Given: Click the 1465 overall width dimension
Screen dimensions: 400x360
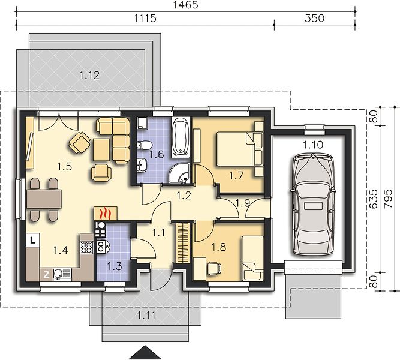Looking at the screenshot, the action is click(x=185, y=5).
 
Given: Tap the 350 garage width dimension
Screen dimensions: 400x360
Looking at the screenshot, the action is click(x=314, y=19).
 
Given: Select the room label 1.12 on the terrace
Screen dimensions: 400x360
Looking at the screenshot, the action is click(x=89, y=76).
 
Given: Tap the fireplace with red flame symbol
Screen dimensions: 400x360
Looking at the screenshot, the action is click(x=106, y=214).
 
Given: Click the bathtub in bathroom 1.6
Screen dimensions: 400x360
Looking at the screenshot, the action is click(x=181, y=137).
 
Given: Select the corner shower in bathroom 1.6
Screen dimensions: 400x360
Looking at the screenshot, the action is click(x=179, y=173).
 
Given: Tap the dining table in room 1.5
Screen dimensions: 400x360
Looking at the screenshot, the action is click(x=44, y=199).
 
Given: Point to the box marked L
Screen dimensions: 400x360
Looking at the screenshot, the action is click(x=32, y=240).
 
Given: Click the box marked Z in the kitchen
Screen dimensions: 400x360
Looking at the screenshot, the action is click(x=46, y=275).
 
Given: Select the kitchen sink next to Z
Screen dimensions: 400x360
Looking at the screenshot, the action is click(x=62, y=274).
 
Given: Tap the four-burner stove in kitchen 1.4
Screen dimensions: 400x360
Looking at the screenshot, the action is click(x=86, y=247).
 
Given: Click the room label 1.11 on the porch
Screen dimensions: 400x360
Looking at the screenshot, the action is click(x=146, y=316).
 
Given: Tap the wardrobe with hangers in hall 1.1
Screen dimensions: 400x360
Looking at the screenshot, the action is click(x=183, y=242).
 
